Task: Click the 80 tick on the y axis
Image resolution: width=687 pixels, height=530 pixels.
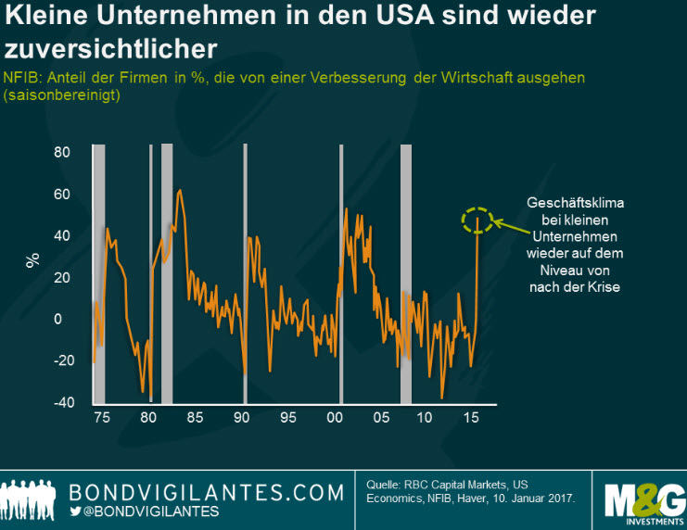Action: tap(62, 152)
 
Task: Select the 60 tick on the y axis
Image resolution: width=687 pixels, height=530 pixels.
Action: tap(62, 194)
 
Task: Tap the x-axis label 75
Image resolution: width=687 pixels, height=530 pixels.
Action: tap(101, 418)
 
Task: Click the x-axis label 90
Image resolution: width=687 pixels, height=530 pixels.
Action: tap(242, 418)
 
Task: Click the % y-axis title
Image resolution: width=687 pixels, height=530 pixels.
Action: tap(33, 260)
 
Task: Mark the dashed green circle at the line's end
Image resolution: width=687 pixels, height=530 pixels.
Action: tap(477, 220)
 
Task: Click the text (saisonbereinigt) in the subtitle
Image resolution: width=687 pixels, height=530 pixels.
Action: tap(61, 95)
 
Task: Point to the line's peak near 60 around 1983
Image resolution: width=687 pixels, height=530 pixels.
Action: tap(178, 191)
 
